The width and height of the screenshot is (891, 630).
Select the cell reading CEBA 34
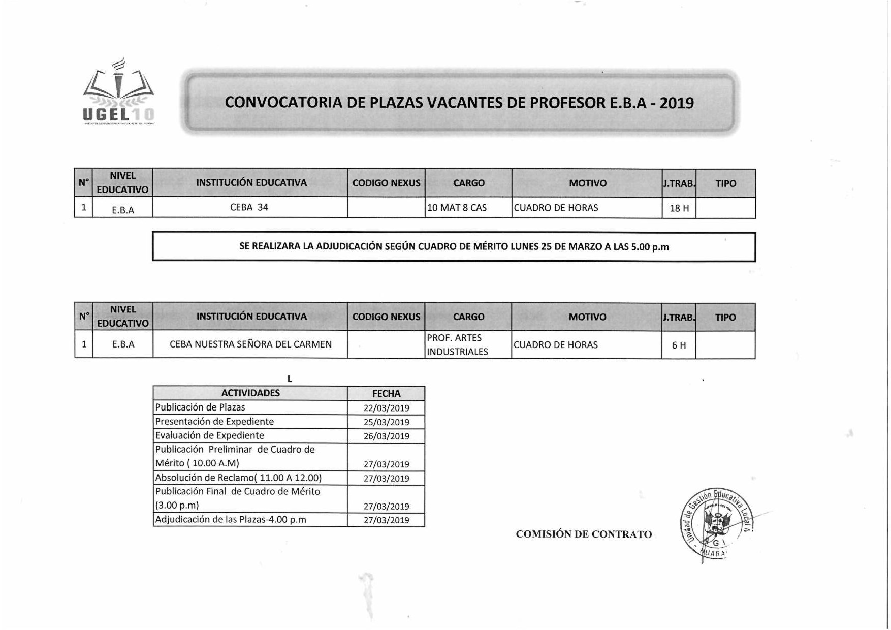click(x=249, y=207)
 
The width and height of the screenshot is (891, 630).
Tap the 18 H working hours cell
click(x=679, y=208)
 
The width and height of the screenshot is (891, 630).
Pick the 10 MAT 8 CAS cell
click(x=457, y=208)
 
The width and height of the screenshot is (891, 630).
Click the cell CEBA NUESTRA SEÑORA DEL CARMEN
click(x=250, y=344)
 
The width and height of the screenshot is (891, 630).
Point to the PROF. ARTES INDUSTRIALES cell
click(x=457, y=344)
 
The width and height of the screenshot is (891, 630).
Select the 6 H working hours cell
click(x=679, y=345)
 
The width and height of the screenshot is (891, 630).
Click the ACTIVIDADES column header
click(x=250, y=393)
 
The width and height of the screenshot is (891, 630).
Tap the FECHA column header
click(x=386, y=394)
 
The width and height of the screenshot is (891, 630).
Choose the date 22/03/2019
click(x=386, y=408)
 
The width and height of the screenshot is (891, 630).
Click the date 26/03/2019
click(x=386, y=436)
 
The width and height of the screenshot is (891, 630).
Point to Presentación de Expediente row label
click(x=214, y=422)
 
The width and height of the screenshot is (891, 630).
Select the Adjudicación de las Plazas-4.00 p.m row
click(x=231, y=520)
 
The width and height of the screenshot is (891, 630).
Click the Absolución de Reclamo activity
click(x=238, y=478)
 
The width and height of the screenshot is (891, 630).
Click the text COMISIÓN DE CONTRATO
click(x=584, y=534)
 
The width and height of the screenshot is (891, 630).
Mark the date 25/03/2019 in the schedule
click(x=386, y=422)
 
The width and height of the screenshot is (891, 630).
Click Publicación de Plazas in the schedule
click(x=200, y=407)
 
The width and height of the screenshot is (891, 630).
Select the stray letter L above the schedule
click(x=290, y=379)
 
